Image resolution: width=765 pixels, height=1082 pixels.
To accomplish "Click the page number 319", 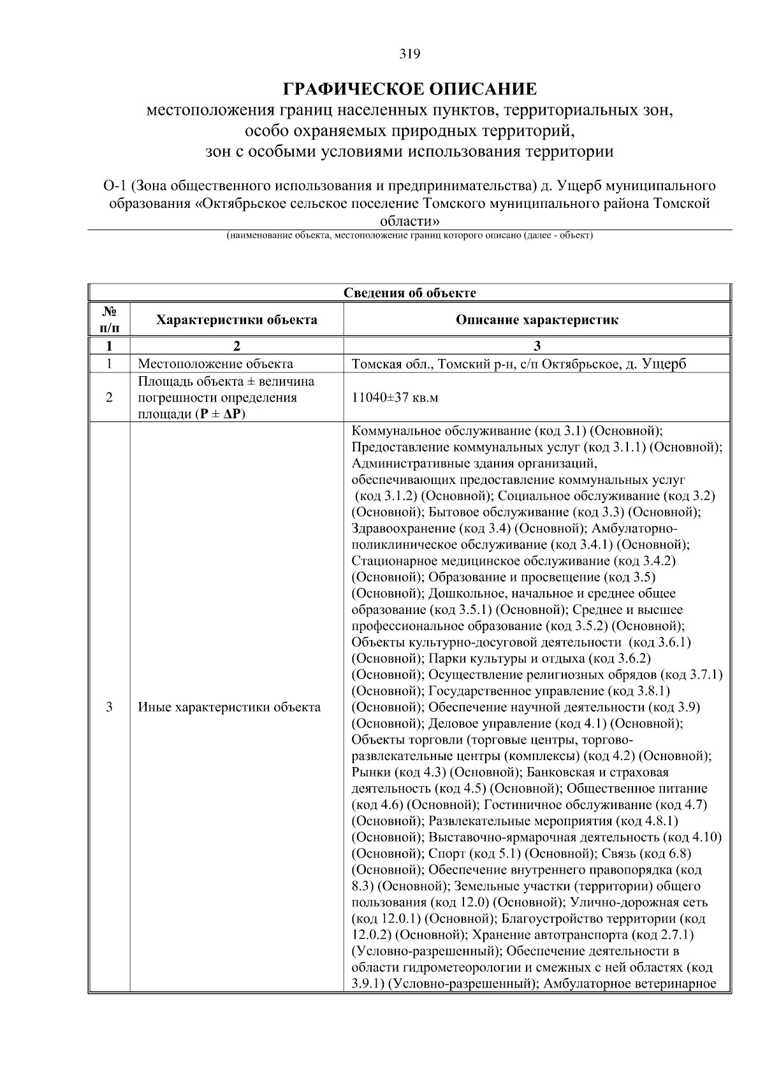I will pos(410,54).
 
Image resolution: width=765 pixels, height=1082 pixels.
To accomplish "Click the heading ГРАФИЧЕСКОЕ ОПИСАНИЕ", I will pos(410,88).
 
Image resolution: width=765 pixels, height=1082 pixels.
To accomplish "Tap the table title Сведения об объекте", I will pos(410,293).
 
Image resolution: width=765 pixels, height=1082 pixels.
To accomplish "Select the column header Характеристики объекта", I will pos(237,319).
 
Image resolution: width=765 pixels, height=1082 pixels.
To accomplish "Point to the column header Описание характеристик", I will pos(537,319).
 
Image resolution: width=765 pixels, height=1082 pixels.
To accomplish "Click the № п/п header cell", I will pos(110,319).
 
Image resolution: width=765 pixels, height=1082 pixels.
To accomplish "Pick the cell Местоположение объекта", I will pos(215,364).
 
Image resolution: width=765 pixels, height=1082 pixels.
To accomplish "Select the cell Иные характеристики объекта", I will pos(229,707).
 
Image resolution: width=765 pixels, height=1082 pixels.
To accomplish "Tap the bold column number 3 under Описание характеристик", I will pos(537,346).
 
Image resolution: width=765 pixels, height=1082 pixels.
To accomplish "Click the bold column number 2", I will pos(237,346).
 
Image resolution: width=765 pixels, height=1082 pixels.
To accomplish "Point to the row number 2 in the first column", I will pos(110,398).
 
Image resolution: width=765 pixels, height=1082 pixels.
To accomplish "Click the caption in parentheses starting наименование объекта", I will pos(409,236).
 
